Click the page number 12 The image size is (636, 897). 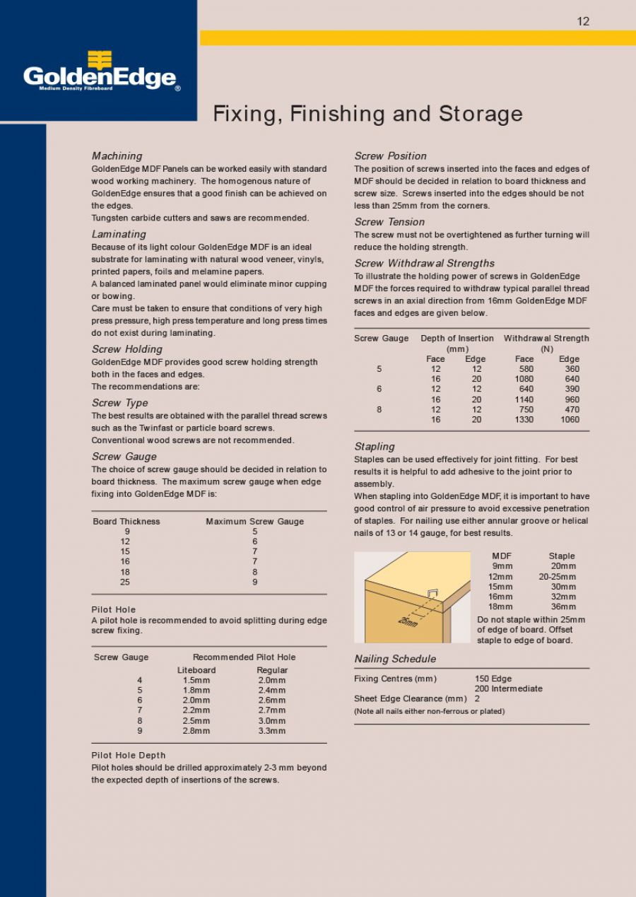click(x=583, y=21)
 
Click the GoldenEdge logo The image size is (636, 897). click(x=100, y=73)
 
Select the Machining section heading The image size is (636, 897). click(x=117, y=156)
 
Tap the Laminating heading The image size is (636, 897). click(x=119, y=234)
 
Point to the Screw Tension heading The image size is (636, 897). click(x=389, y=222)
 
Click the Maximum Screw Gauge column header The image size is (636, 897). click(x=254, y=522)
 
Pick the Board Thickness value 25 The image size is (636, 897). click(x=125, y=582)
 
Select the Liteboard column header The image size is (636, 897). click(x=196, y=670)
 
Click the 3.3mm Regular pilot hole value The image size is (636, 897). click(x=272, y=731)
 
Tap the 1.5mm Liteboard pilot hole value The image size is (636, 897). click(x=196, y=680)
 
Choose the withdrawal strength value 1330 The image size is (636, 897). click(x=524, y=420)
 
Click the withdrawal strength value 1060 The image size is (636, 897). click(x=570, y=420)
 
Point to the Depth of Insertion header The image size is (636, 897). click(x=457, y=339)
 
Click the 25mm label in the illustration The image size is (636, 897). click(x=408, y=621)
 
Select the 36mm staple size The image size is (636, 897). click(x=563, y=606)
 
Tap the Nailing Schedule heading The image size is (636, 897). click(x=395, y=659)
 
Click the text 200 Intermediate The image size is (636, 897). click(x=508, y=688)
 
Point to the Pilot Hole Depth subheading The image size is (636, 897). click(x=129, y=755)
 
